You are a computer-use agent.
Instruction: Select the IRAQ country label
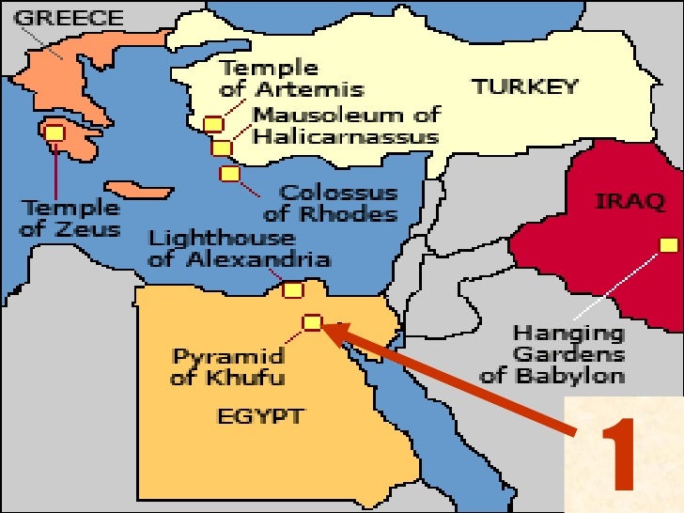pos(630,201)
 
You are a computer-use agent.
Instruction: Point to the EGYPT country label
pos(262,414)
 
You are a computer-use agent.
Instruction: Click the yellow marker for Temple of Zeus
pos(54,133)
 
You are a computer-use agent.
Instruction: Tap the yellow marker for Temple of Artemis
pos(213,124)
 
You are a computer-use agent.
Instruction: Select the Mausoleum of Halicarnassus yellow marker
pos(222,148)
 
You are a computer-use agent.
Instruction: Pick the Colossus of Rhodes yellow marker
pos(230,173)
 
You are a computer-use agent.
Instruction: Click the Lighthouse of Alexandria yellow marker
pos(292,290)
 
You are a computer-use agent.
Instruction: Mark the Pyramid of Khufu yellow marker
pos(312,323)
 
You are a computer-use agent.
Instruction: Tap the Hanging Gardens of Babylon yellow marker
pos(668,245)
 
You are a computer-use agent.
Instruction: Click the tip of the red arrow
pos(328,326)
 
